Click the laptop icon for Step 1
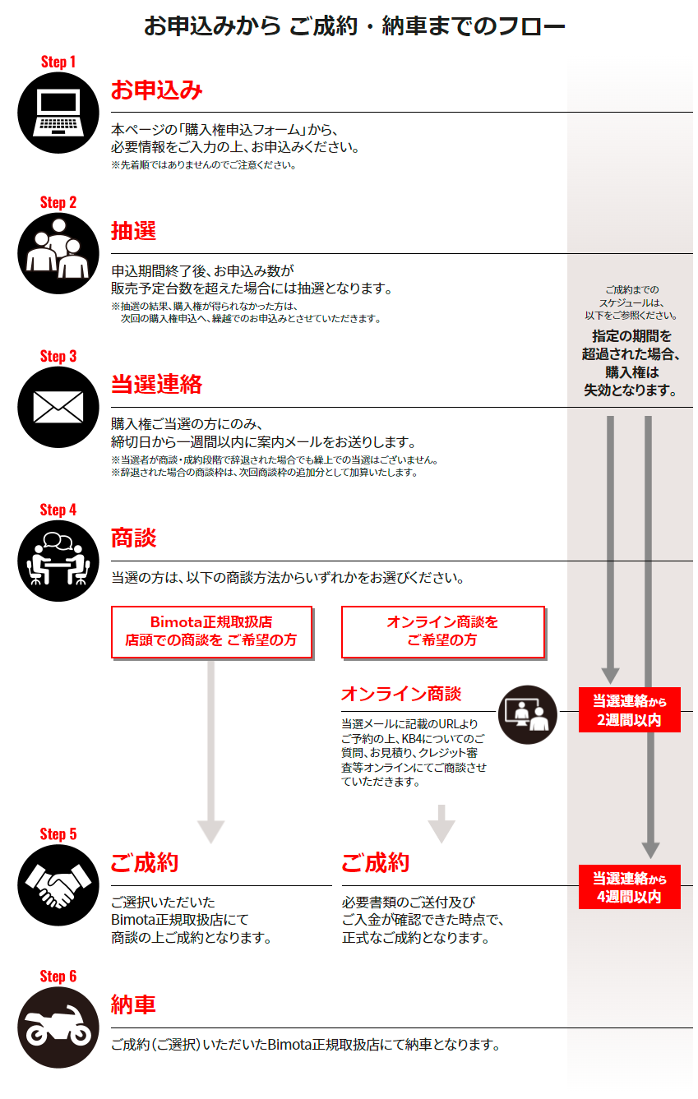[58, 113]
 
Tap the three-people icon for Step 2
[58, 254]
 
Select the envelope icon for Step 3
[58, 408]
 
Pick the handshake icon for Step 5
[58, 885]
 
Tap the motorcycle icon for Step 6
[58, 1027]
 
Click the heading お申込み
[156, 90]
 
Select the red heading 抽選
[133, 231]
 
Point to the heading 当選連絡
[156, 385]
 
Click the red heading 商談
[133, 538]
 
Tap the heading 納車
[133, 1004]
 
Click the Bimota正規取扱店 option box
[211, 631]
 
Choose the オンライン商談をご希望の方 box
[442, 631]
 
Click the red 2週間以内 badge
[630, 710]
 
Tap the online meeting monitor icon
[528, 714]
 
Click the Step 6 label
[58, 977]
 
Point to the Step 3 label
[58, 357]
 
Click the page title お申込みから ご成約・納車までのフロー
[354, 26]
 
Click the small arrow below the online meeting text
[441, 824]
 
